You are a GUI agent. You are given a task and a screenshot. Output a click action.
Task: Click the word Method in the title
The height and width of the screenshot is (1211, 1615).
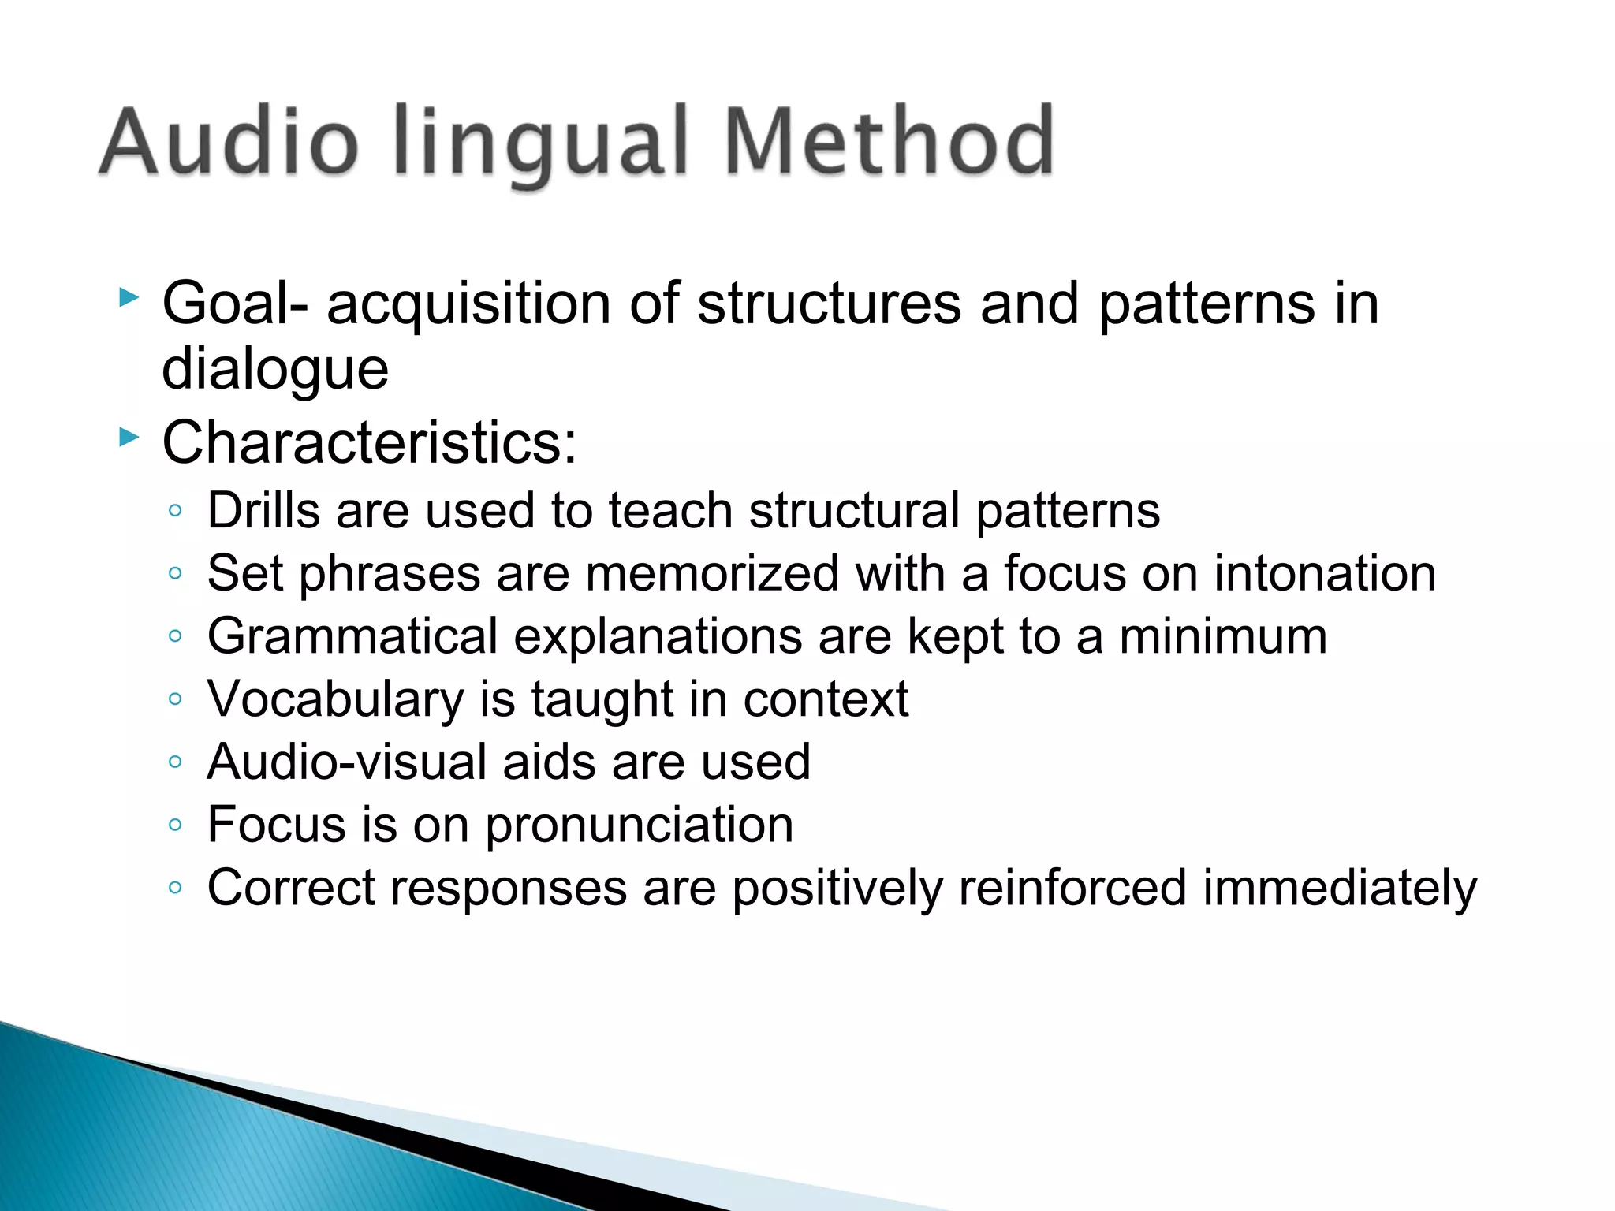889,143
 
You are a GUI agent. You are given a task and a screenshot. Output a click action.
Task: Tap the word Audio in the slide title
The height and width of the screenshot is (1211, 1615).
229,143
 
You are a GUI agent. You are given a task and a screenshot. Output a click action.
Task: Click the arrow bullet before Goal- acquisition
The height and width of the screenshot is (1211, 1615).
129,298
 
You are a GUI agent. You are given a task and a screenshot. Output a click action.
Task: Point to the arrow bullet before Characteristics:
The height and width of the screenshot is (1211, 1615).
129,437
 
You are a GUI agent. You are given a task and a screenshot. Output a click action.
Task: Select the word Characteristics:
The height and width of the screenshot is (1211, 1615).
369,443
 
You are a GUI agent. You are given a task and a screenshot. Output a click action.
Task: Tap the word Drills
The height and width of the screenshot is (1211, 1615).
263,510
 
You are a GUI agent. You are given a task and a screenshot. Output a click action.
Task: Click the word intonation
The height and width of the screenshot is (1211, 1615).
1325,573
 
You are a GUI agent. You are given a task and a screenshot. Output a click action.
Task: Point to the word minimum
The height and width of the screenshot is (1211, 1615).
1223,636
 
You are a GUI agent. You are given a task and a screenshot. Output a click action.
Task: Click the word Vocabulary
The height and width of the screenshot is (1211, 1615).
336,700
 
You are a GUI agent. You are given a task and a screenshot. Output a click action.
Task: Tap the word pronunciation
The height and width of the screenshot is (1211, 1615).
639,826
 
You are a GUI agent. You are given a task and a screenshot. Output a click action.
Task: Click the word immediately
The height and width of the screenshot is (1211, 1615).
1340,889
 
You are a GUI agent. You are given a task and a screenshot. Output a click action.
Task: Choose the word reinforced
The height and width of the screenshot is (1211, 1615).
1072,889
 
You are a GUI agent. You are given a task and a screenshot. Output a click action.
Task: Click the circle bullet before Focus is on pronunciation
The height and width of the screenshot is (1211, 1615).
175,825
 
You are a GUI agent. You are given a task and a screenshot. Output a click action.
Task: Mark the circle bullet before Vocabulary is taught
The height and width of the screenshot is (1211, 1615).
175,699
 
